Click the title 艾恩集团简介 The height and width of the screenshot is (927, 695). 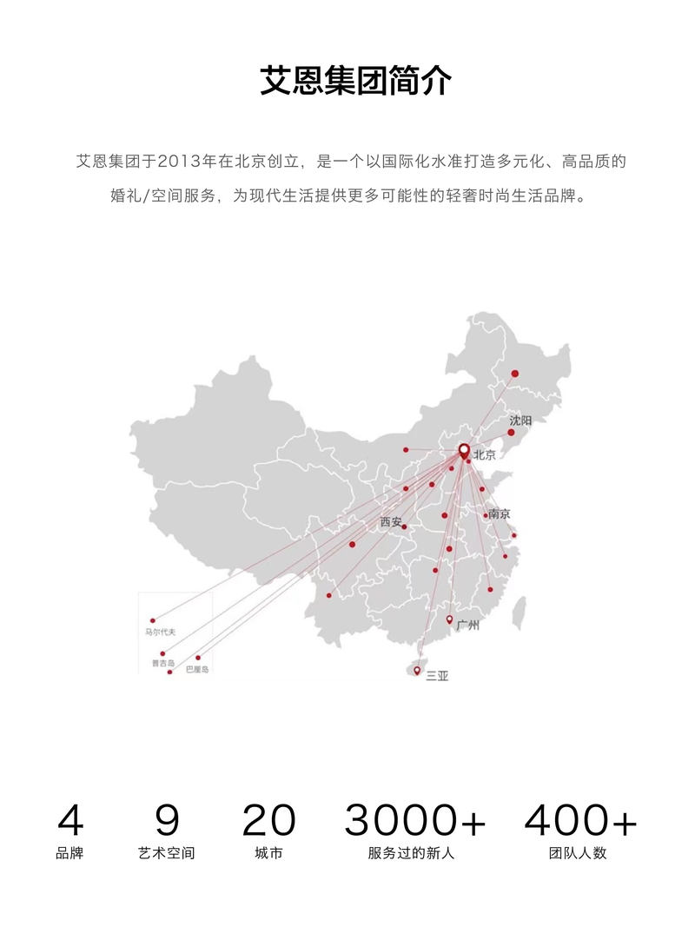[355, 81]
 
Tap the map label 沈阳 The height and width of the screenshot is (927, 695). [520, 420]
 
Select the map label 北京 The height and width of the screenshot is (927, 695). [485, 454]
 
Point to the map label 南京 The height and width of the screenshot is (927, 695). [500, 513]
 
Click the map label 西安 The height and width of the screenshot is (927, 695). [391, 522]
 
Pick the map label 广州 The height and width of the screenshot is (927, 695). [468, 625]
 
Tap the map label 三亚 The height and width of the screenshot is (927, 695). [437, 675]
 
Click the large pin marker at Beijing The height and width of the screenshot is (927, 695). [464, 451]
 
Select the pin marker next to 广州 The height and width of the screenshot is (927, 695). [449, 620]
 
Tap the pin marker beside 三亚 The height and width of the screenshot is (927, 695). [417, 671]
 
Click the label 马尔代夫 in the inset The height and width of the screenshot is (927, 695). [161, 632]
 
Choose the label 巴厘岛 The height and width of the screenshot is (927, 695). [197, 669]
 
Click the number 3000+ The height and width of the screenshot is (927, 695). [415, 820]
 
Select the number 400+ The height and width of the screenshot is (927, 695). [580, 820]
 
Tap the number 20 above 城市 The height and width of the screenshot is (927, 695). [268, 820]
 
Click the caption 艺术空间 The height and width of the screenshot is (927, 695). [167, 853]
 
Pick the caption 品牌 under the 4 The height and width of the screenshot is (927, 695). [69, 853]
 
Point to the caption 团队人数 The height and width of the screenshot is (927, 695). [578, 853]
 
